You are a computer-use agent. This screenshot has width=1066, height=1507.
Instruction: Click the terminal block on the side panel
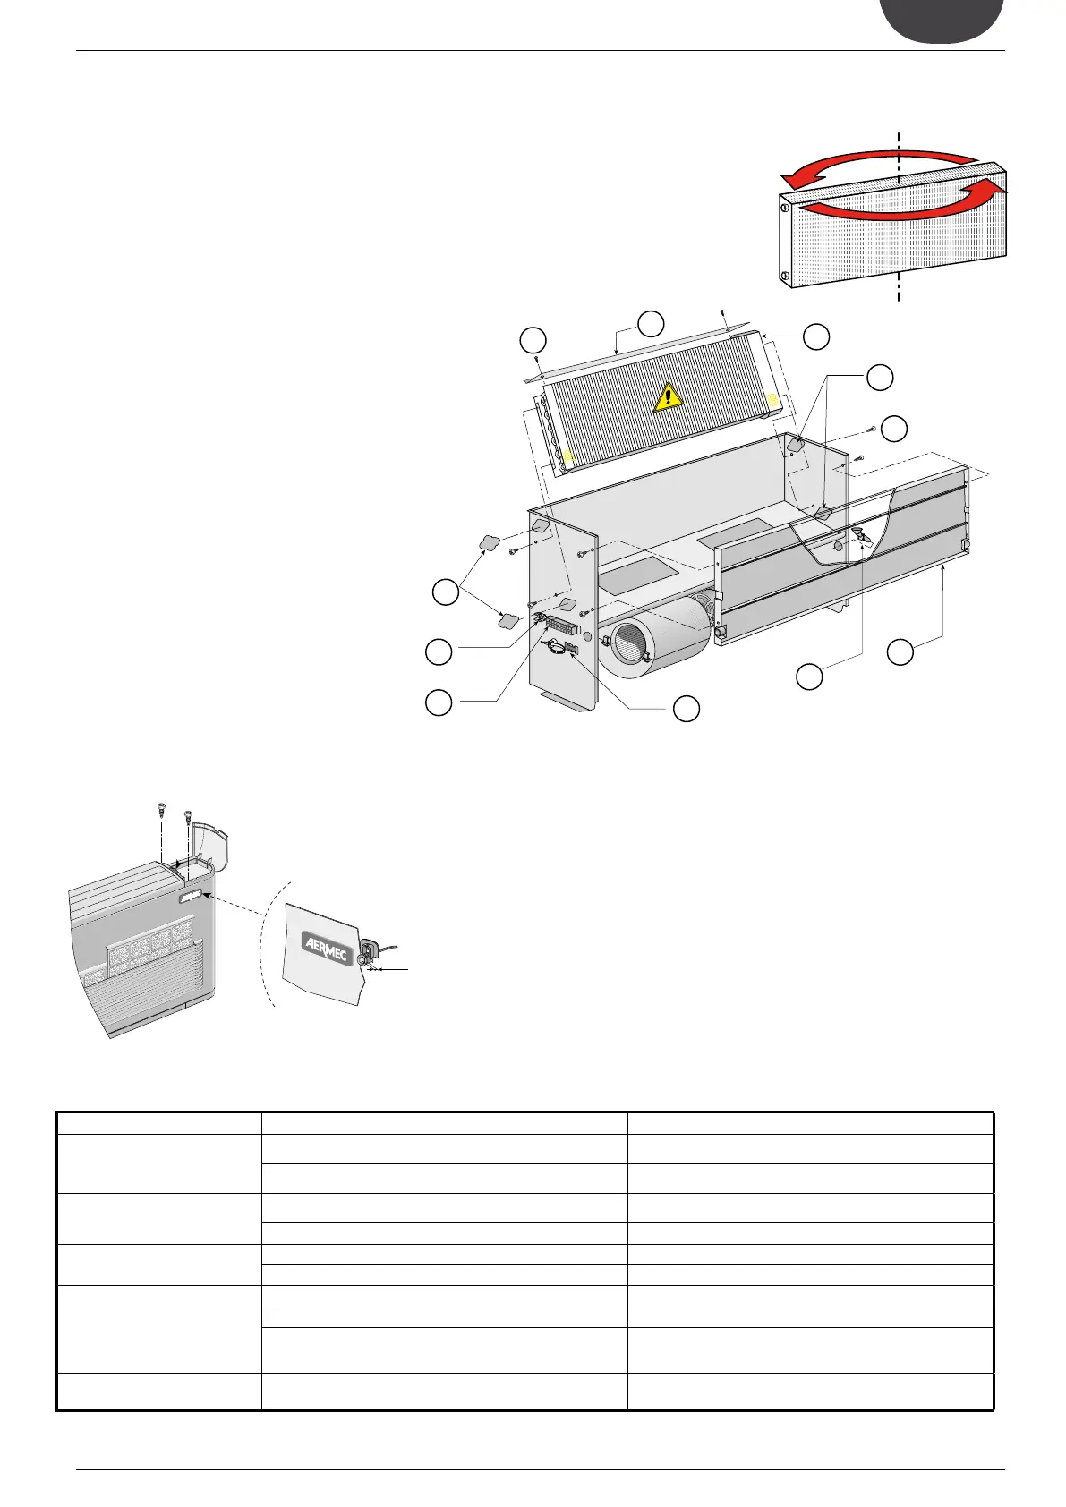click(x=562, y=625)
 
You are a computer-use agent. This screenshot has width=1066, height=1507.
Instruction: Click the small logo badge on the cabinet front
click(x=191, y=895)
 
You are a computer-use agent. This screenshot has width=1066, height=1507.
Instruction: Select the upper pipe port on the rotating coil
click(x=785, y=209)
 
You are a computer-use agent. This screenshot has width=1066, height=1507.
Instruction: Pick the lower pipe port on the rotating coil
click(x=785, y=275)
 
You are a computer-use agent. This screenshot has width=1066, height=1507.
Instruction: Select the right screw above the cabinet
click(x=188, y=817)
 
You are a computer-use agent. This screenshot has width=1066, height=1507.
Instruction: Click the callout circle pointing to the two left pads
click(x=444, y=592)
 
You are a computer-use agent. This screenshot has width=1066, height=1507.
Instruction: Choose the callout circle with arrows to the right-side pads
click(x=881, y=377)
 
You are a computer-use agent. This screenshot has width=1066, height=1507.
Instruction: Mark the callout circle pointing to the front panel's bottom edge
click(x=900, y=652)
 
